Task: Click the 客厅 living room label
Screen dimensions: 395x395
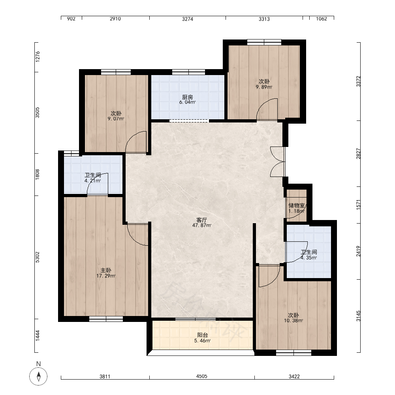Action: (201, 220)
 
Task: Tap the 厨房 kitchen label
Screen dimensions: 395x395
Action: (187, 97)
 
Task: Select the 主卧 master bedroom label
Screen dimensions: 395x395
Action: (106, 270)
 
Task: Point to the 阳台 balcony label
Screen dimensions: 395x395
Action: (203, 335)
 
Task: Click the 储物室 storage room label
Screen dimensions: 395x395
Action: (297, 205)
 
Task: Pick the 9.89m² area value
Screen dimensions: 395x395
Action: (264, 87)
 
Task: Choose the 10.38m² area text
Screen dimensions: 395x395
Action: (293, 321)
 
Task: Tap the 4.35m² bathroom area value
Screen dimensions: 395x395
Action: (308, 258)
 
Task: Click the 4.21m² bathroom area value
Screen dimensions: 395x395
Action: (93, 181)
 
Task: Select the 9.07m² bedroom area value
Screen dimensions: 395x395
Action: (116, 118)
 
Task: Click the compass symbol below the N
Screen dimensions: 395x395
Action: (38, 376)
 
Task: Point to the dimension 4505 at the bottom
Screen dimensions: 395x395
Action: (202, 376)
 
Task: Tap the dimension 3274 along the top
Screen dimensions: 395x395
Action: (188, 19)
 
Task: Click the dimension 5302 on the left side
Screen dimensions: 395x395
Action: (37, 257)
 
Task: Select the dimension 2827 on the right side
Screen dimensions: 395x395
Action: (358, 154)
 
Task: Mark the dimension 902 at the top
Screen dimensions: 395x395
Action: (71, 19)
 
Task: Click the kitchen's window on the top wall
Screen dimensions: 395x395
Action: (188, 72)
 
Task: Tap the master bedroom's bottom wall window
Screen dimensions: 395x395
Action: (106, 319)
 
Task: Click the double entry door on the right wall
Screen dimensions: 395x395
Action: (278, 162)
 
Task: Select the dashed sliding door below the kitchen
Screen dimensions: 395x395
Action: (189, 121)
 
